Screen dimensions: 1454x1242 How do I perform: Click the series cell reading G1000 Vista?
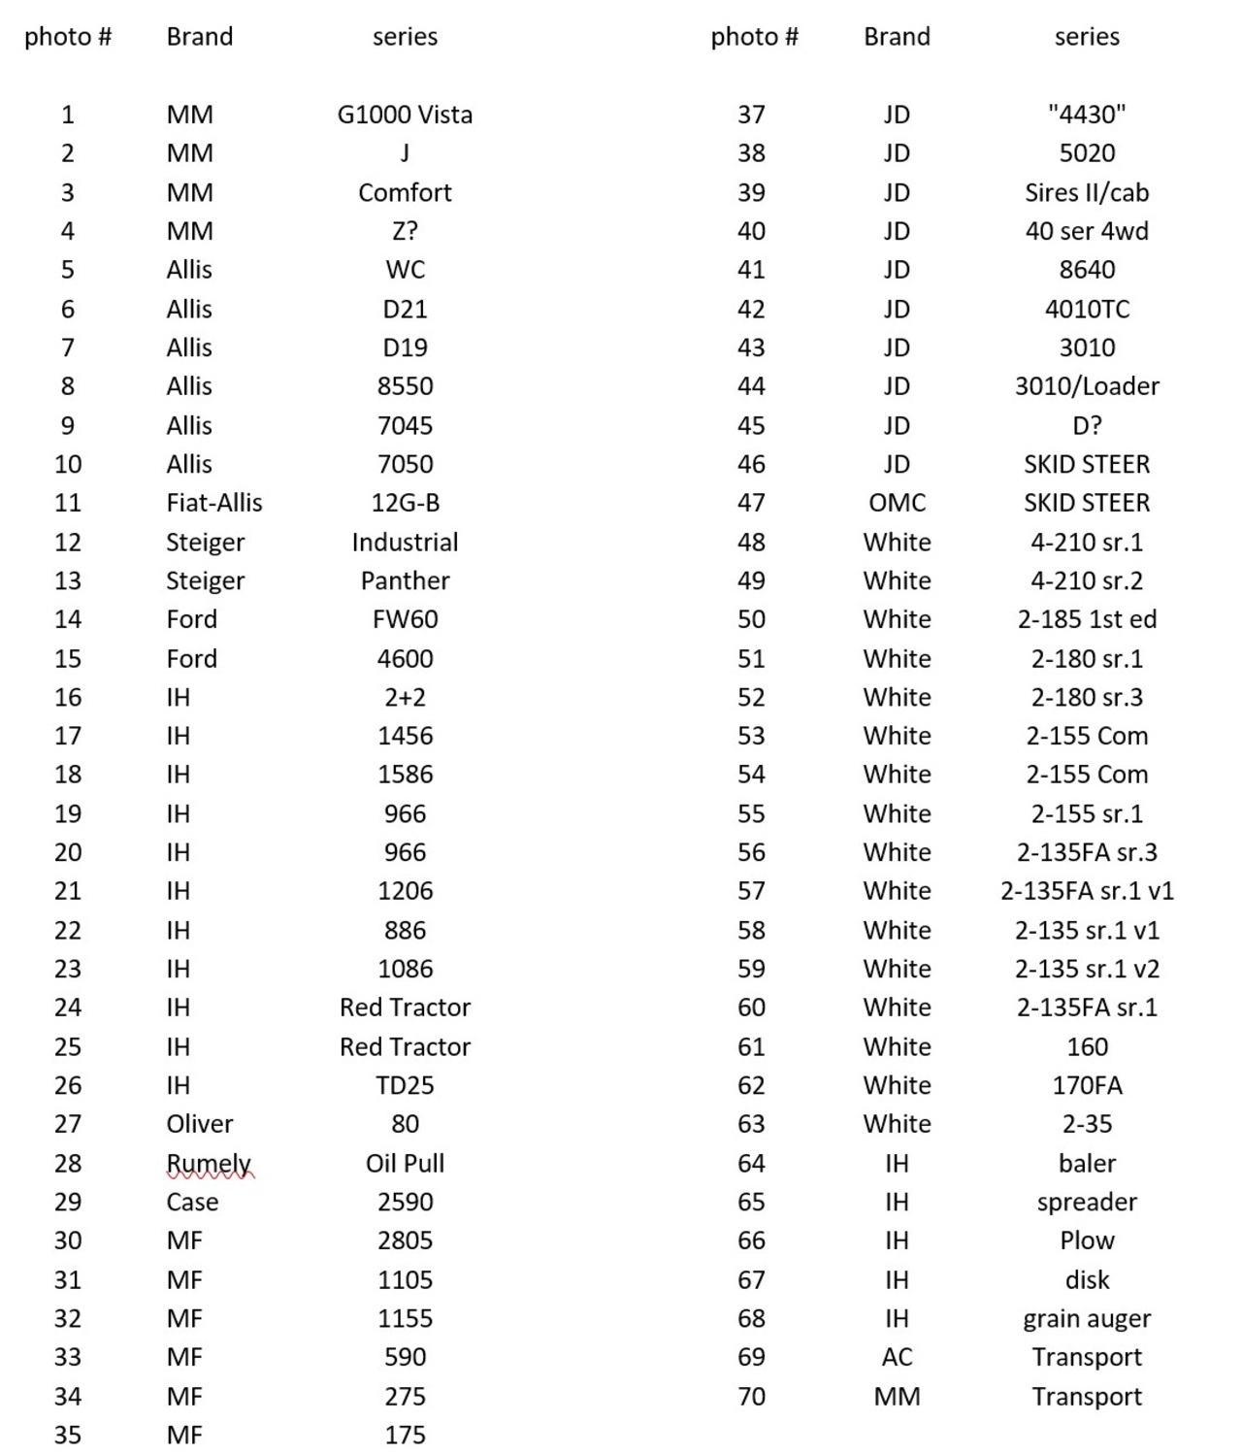coord(405,115)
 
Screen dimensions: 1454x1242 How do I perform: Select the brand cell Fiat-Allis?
coord(213,503)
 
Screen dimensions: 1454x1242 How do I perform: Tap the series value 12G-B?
coord(405,503)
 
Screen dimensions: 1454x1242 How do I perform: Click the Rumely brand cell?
coord(208,1163)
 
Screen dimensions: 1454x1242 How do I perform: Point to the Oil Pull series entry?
coord(405,1163)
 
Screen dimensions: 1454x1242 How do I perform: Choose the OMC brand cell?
coord(897,503)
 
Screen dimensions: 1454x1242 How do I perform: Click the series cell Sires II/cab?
coord(1087,192)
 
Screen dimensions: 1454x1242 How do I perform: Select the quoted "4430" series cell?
coord(1087,115)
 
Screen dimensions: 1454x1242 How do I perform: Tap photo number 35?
coord(68,1435)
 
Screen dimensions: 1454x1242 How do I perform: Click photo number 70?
coord(751,1396)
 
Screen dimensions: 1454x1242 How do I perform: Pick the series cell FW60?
coord(405,619)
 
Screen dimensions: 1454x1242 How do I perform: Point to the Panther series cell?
coord(405,580)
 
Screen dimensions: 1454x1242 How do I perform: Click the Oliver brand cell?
coord(199,1124)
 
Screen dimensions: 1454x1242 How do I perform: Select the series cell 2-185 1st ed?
coord(1087,619)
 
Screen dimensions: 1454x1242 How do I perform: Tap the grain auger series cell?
coord(1087,1318)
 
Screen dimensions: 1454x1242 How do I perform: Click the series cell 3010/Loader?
coord(1087,386)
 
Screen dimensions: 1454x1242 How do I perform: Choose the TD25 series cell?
coord(405,1085)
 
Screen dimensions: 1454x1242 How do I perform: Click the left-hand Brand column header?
coord(199,37)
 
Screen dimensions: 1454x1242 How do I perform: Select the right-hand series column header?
coord(1087,37)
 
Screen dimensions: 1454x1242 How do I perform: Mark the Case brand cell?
coord(192,1202)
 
